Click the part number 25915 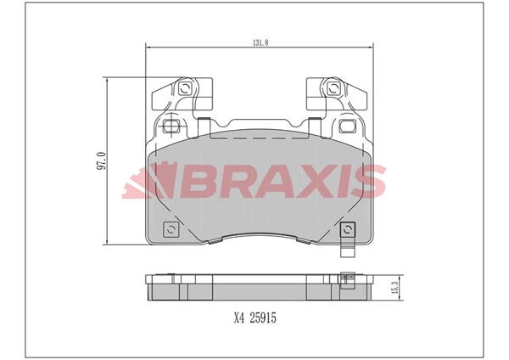click(262, 318)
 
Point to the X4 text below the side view click(239, 318)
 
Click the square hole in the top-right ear click(332, 87)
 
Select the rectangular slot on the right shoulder click(345, 127)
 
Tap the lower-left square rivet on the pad click(171, 230)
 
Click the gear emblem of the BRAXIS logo click(146, 181)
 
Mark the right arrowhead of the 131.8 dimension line click(372, 47)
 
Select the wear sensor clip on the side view click(345, 277)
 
